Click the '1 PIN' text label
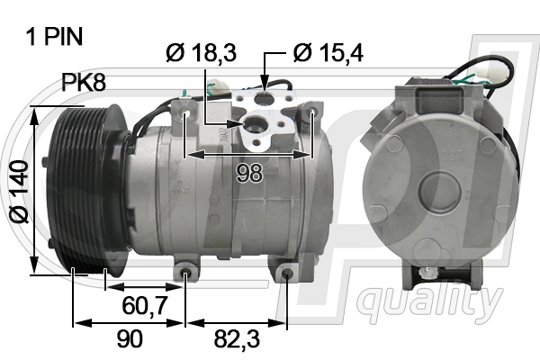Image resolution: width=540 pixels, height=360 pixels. click(57, 37)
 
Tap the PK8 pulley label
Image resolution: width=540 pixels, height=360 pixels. click(84, 84)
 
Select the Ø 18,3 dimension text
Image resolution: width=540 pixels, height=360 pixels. click(201, 53)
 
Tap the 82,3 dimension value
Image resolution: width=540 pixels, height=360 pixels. click(237, 338)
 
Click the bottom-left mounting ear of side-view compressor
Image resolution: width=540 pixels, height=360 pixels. click(185, 270)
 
